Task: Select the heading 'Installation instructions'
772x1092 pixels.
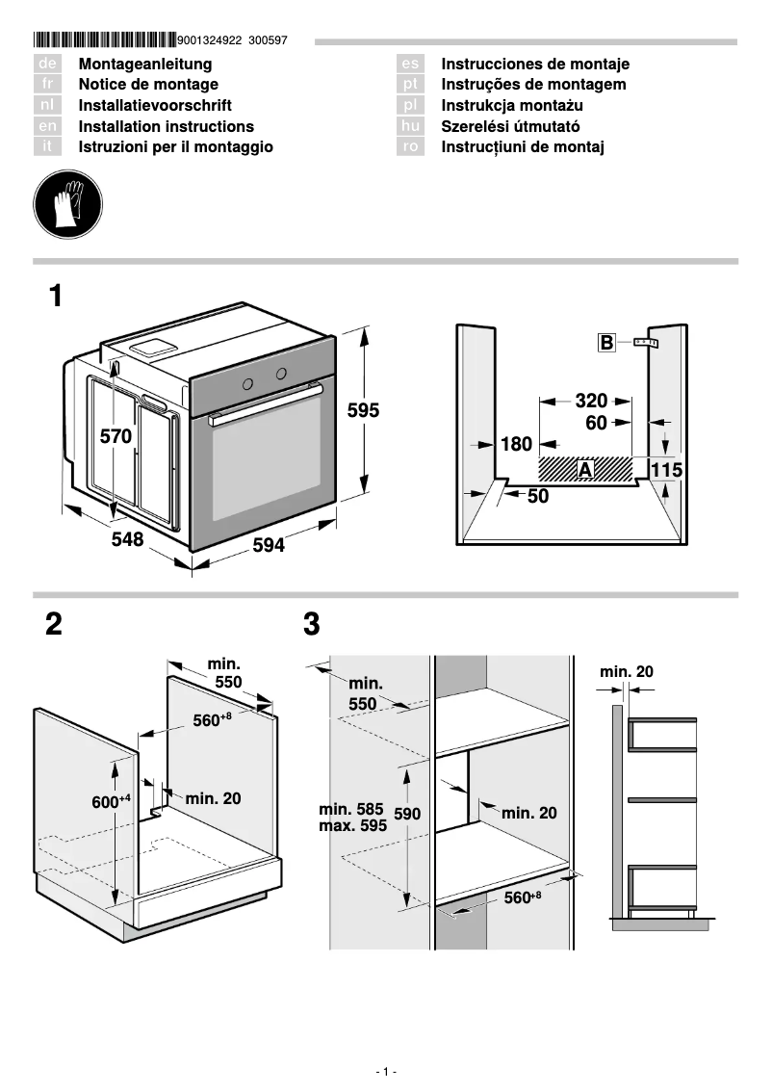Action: [166, 126]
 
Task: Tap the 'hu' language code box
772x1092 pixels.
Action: [411, 126]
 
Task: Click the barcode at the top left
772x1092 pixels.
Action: [104, 40]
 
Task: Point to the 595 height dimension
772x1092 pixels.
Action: [363, 410]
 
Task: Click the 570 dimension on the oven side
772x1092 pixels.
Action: [116, 436]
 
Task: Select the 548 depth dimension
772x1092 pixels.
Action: [127, 540]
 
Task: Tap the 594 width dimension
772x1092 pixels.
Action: [269, 546]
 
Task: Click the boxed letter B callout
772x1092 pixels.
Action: [606, 342]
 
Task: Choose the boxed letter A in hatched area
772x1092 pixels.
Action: [584, 469]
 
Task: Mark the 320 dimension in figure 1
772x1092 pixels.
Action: [591, 401]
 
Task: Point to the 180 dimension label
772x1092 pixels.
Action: [516, 444]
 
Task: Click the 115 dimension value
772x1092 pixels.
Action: [666, 470]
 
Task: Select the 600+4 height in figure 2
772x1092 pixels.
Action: [110, 802]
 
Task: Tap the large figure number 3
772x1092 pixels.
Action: [311, 625]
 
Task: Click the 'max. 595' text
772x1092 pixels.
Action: [352, 826]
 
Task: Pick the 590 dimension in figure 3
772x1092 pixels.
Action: [407, 814]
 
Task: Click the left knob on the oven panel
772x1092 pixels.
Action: [247, 383]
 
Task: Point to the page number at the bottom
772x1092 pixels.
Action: [385, 1072]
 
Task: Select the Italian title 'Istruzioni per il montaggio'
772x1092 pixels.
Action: [175, 147]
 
